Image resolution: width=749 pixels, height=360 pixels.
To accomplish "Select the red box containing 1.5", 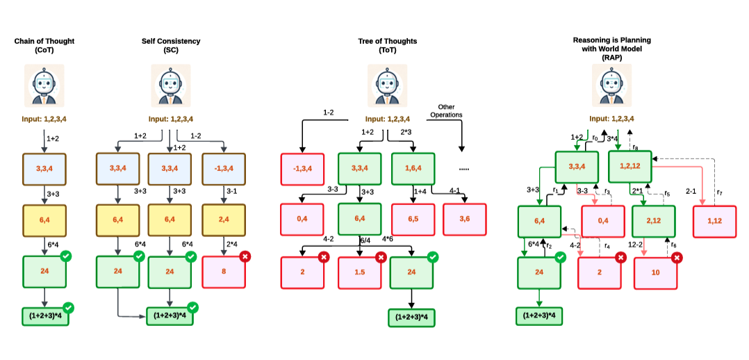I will (x=359, y=272).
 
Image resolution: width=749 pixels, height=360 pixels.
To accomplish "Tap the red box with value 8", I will (x=224, y=272).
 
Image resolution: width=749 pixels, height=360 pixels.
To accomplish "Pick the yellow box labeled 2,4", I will (x=224, y=220).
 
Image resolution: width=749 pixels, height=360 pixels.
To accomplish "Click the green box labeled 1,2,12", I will (x=630, y=167).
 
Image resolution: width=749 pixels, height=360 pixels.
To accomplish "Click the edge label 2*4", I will (x=233, y=244).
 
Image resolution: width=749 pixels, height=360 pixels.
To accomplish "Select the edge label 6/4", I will (x=364, y=240).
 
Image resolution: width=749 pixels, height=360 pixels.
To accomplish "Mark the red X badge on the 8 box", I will (x=245, y=257).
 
